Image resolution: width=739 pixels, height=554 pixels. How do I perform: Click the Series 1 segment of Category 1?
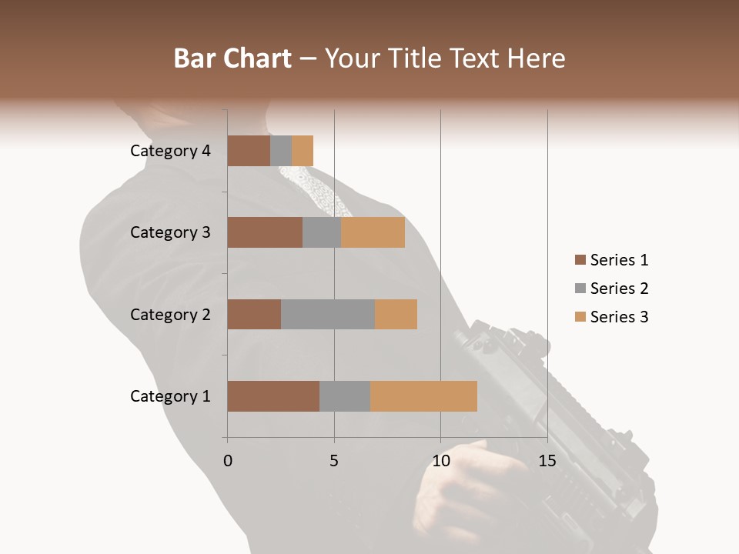coord(273,396)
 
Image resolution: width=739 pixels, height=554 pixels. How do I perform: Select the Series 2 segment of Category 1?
coord(345,396)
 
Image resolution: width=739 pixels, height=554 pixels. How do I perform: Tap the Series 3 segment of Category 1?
coord(423,396)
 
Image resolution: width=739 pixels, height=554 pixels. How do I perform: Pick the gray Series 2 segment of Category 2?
coord(328,314)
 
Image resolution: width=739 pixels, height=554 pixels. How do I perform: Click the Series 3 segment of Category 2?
coord(396,314)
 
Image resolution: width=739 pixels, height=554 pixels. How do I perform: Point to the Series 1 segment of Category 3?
coord(265,232)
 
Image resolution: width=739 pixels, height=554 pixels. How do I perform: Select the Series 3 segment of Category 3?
coord(373,232)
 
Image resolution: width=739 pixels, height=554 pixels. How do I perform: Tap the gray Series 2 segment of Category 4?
coord(281,151)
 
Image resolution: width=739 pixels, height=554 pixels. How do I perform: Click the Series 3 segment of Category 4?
coord(303,151)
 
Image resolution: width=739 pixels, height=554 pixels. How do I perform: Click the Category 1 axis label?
coord(170,396)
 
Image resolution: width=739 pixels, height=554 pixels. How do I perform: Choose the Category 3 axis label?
coord(170,232)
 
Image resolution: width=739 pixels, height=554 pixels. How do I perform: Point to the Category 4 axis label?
coord(170,151)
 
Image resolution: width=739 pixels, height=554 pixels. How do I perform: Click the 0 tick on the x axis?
coord(228,461)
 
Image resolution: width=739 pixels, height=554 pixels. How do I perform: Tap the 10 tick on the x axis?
coord(440,461)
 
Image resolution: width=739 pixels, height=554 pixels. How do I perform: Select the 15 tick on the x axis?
coord(547,461)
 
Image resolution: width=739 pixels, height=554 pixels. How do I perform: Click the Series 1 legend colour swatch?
coord(580,260)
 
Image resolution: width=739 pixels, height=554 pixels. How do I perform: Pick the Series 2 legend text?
coord(619,289)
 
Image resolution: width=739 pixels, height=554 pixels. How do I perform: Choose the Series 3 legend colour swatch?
coord(580,317)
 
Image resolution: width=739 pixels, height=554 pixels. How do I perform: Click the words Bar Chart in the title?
coord(232,58)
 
